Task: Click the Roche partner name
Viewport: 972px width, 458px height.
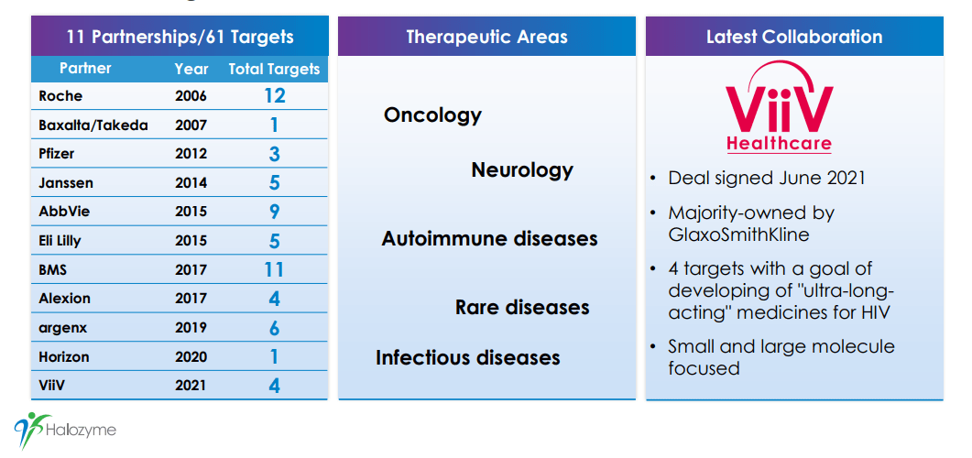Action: [x=60, y=96]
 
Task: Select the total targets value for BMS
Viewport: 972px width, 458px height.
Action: [x=274, y=269]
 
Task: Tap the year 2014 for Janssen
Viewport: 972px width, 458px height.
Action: [x=191, y=183]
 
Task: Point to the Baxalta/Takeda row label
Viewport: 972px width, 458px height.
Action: [x=93, y=125]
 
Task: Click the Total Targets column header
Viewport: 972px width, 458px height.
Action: [x=274, y=70]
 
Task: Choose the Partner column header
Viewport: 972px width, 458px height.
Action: [x=85, y=68]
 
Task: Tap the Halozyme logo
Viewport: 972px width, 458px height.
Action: [x=65, y=430]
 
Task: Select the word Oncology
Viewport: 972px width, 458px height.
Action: [x=432, y=115]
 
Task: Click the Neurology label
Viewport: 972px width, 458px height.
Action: [x=522, y=169]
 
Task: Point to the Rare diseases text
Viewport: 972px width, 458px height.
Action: [x=522, y=307]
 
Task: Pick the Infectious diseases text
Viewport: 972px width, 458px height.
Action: [x=468, y=357]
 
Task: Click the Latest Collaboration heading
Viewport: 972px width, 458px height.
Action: [x=794, y=37]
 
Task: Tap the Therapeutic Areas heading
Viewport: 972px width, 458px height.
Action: [x=486, y=37]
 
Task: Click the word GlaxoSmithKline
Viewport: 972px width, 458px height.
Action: [x=738, y=235]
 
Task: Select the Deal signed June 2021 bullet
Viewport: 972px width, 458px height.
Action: [x=766, y=179]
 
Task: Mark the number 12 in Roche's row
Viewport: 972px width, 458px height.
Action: [x=274, y=95]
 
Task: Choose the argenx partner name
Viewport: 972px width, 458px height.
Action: [x=62, y=328]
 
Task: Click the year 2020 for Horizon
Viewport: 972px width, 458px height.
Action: [x=191, y=357]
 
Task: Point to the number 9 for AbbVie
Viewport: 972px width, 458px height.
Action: [x=274, y=212]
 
